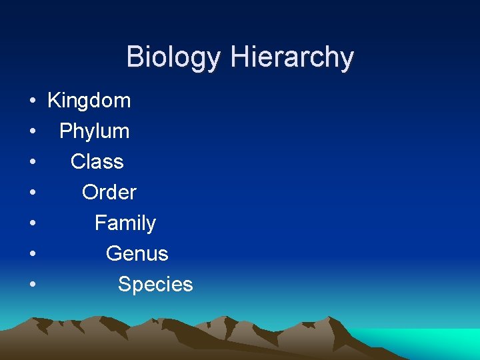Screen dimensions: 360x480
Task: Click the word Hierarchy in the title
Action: [x=291, y=58]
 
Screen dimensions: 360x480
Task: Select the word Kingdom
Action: [x=89, y=101]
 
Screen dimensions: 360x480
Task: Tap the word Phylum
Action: [x=94, y=131]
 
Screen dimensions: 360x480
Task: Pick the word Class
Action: [x=97, y=162]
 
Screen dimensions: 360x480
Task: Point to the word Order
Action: [x=109, y=193]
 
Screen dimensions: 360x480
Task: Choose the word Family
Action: [x=125, y=223]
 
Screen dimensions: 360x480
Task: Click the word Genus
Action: [x=137, y=254]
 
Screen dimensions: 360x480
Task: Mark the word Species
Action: [x=155, y=285]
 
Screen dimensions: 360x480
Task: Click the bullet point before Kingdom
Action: [x=32, y=101]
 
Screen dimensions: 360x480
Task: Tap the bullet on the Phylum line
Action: [x=32, y=132]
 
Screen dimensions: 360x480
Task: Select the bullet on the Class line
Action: [x=32, y=163]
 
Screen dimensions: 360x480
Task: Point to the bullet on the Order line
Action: [x=32, y=193]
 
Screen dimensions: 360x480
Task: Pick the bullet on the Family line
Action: [x=32, y=224]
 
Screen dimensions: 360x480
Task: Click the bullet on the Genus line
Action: [x=32, y=255]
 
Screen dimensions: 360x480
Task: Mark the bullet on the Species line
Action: [x=32, y=285]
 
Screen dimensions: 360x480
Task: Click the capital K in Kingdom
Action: [x=53, y=101]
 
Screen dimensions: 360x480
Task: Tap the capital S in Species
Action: [x=125, y=285]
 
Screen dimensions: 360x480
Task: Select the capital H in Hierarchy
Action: [x=240, y=57]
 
